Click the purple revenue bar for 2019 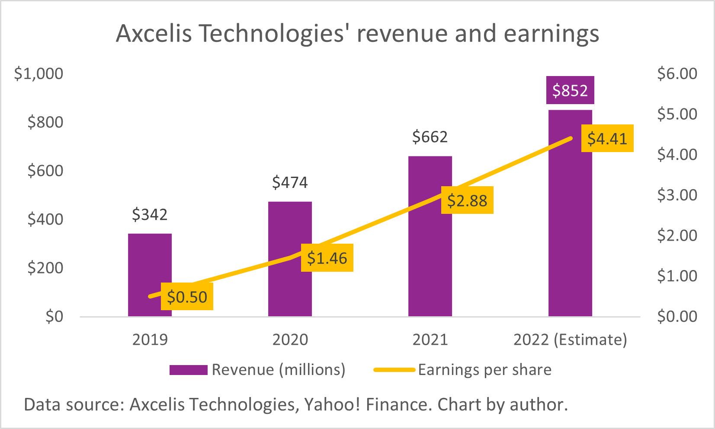point(150,259)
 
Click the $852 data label point(570,90)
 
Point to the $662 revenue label point(430,137)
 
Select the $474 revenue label point(290,182)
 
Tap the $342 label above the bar point(150,214)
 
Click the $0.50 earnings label point(187,297)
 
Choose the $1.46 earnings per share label point(327,258)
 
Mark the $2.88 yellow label point(467,200)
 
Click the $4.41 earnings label point(607,138)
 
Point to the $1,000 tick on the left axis point(38,73)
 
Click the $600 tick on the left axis point(45,171)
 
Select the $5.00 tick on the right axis point(677,114)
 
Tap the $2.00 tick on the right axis point(677,235)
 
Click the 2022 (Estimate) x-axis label point(570,340)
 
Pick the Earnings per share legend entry point(484,370)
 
